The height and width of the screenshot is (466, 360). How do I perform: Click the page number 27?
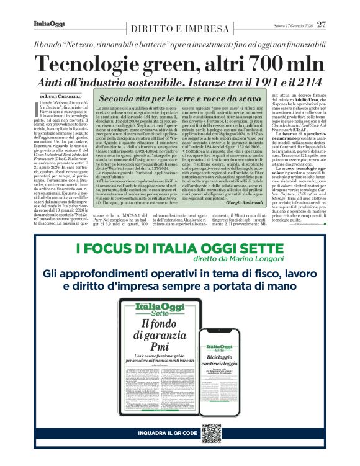[321, 24]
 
